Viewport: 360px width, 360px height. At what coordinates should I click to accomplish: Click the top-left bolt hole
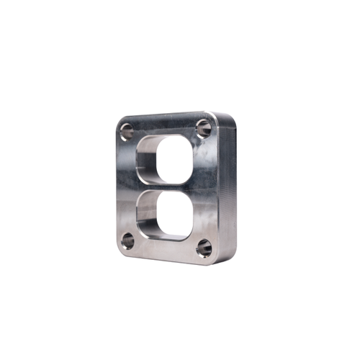(127, 132)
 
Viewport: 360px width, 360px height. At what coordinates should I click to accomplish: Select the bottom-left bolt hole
(128, 240)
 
